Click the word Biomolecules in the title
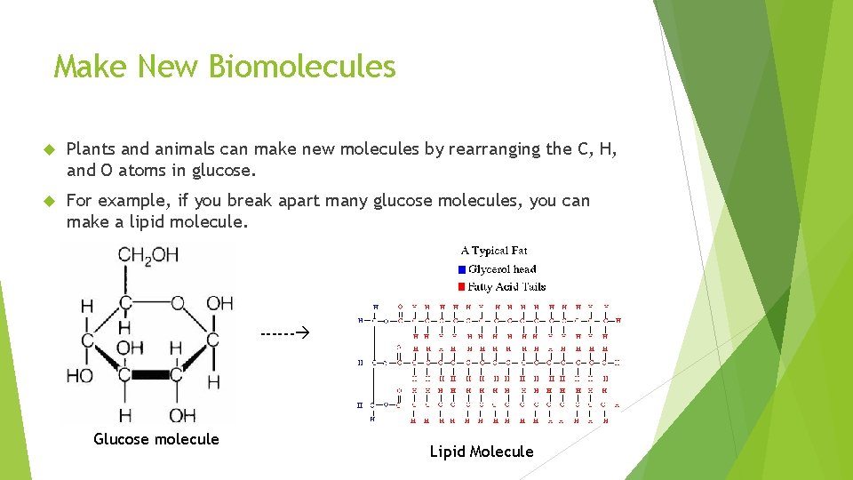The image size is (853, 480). [302, 67]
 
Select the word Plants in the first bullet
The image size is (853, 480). [91, 149]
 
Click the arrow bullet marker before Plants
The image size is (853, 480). [50, 149]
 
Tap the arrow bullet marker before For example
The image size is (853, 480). [50, 201]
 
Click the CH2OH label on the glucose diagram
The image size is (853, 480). [147, 256]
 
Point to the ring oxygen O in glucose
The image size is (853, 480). [179, 304]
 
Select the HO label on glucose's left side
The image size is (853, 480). [79, 375]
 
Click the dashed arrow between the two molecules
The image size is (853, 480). [283, 335]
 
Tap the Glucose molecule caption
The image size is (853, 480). [156, 439]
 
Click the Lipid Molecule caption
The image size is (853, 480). [482, 452]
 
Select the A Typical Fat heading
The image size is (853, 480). [494, 251]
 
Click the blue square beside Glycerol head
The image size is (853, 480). [461, 269]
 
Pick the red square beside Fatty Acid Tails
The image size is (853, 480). [461, 287]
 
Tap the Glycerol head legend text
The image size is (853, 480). [503, 269]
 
